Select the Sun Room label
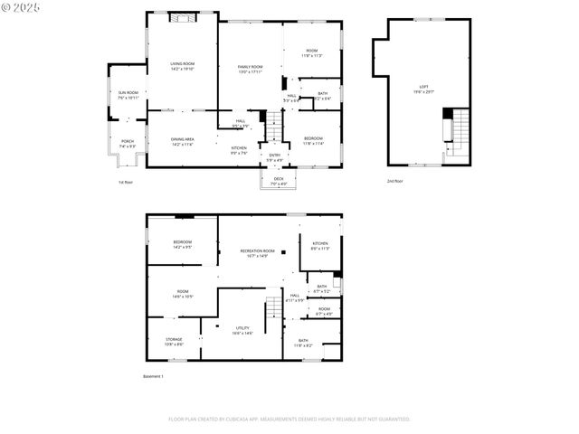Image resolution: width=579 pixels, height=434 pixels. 128,94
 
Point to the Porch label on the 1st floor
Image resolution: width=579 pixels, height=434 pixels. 128,143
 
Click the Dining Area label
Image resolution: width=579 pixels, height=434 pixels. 183,141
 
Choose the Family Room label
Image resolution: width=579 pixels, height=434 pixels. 251,69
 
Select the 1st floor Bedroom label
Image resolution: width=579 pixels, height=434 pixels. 313,140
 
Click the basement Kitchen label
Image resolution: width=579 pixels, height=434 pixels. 320,245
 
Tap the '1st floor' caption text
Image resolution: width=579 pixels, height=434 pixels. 125,182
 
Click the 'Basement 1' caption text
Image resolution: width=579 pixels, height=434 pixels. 153,376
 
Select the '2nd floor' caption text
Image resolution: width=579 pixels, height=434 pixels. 394,182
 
